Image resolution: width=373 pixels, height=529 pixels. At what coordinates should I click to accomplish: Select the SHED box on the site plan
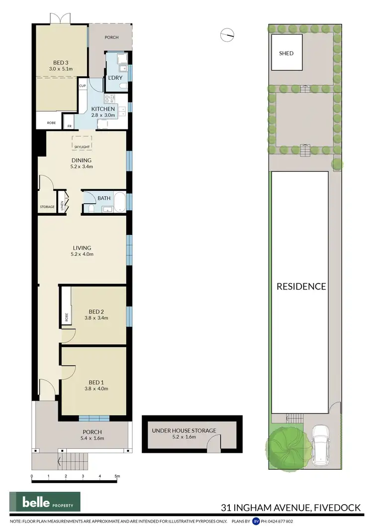tap(286, 53)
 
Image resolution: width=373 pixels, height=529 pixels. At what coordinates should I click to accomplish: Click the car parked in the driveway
tap(321, 444)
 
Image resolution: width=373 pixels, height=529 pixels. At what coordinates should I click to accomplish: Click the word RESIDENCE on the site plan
tap(301, 286)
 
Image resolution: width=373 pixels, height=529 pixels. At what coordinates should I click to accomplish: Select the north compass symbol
tap(227, 34)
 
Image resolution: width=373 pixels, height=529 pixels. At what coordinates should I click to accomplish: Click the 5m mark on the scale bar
tap(117, 477)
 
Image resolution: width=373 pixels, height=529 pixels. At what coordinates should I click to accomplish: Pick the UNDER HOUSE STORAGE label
tap(184, 430)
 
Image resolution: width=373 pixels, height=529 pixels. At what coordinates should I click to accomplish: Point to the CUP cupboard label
tap(82, 86)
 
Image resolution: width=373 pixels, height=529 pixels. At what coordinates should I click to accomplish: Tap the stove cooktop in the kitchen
tap(109, 98)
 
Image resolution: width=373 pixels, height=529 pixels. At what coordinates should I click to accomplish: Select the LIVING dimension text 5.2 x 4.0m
tap(82, 254)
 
